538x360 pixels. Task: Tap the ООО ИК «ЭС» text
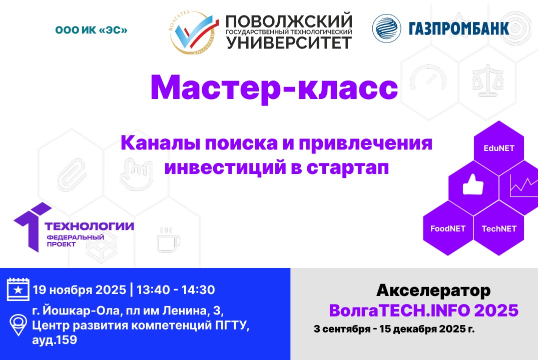point(91,30)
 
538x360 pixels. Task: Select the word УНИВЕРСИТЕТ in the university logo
point(289,42)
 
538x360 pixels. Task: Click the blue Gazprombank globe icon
point(387,28)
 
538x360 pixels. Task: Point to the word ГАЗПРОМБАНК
point(459,28)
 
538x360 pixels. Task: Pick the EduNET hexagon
point(498,148)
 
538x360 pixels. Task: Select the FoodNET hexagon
point(448,229)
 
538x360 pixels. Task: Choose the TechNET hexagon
point(498,229)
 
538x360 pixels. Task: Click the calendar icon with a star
point(18,289)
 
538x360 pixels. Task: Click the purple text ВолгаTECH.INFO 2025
point(423,310)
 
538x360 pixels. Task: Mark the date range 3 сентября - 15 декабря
point(385,329)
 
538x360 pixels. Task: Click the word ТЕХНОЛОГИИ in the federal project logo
point(90,226)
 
